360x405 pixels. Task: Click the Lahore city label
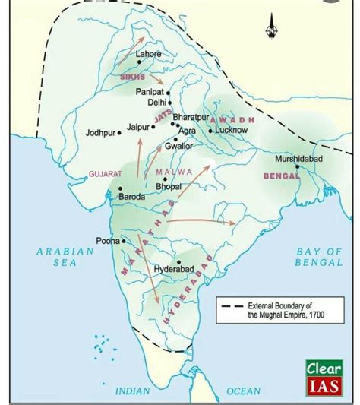click(x=148, y=55)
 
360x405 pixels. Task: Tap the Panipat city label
click(x=150, y=91)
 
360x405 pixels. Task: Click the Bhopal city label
click(x=168, y=185)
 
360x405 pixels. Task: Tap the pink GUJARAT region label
click(x=106, y=174)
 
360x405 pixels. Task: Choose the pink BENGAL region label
click(x=279, y=176)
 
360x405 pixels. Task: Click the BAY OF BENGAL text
click(x=318, y=256)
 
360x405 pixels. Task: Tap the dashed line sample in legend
click(x=231, y=305)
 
